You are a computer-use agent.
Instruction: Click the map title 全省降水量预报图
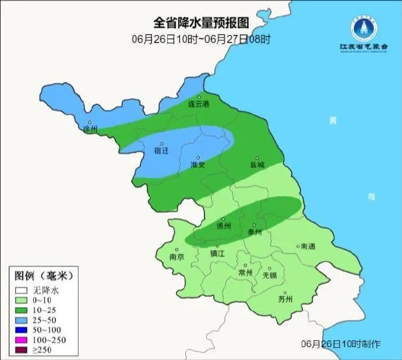pos(200,23)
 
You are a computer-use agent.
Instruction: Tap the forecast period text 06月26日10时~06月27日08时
pos(201,40)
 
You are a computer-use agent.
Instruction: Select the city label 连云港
pos(198,104)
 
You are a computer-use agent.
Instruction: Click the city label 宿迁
pos(161,150)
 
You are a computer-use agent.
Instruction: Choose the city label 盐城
pos(257,164)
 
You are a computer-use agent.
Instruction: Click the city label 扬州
pos(224,225)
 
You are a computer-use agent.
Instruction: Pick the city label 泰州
pos(255,231)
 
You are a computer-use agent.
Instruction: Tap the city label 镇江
pos(217,253)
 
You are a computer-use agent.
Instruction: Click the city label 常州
pos(246,272)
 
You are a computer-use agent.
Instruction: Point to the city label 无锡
pos(270,274)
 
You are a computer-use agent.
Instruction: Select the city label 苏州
pos(285,299)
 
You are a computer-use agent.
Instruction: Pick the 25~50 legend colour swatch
pos(22,319)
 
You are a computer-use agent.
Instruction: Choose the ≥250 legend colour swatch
pos(22,349)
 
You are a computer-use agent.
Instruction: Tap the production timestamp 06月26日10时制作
pos(341,344)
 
